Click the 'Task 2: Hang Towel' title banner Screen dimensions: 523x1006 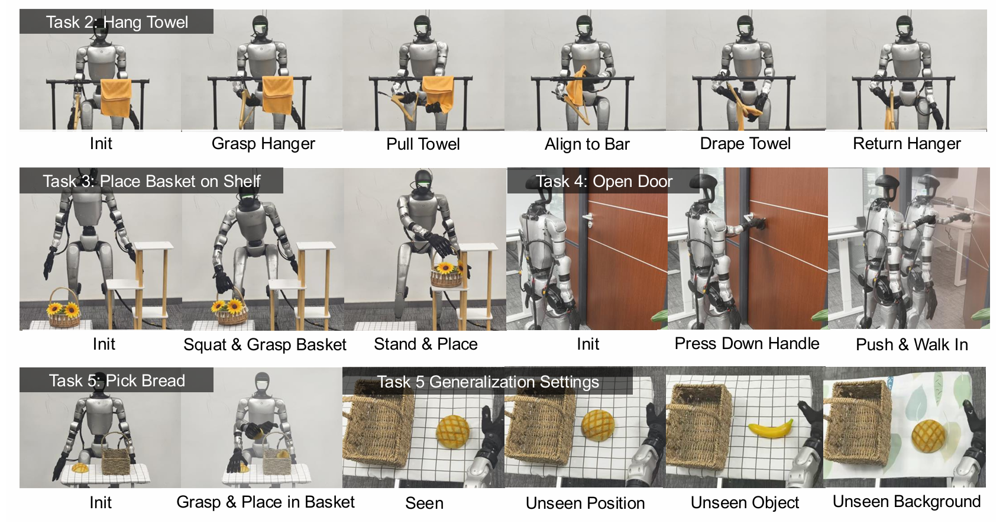tap(117, 22)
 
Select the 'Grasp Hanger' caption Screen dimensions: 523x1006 tap(263, 144)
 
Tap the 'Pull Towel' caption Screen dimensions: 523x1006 tap(423, 144)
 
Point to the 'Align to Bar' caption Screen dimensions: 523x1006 tap(587, 144)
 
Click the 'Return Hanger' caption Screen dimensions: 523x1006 tap(907, 144)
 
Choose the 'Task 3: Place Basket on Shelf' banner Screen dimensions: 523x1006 tap(151, 181)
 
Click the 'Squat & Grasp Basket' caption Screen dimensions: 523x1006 tap(264, 344)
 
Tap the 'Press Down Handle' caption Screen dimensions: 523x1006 tap(746, 344)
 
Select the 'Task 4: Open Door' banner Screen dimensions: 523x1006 tap(604, 181)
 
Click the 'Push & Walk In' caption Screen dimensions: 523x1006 tap(911, 344)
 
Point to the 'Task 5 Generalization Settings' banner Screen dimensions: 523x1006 tap(488, 382)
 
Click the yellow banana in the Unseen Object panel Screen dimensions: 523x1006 tap(770, 428)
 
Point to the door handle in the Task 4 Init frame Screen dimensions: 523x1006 tap(587, 219)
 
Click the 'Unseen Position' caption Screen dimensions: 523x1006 tap(585, 503)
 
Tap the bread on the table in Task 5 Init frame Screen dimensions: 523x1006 tap(80, 468)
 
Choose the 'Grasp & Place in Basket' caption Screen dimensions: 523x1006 tap(266, 502)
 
